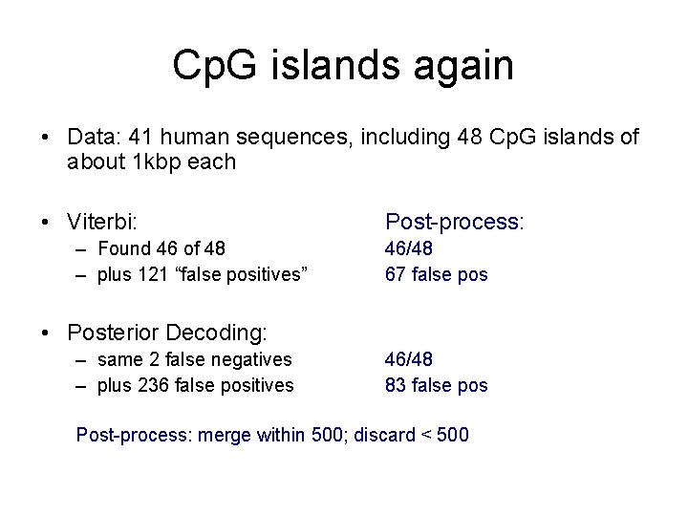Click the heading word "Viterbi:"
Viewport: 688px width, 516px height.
tap(102, 222)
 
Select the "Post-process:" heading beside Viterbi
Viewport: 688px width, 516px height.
tap(455, 222)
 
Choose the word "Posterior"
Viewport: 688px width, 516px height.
tap(112, 333)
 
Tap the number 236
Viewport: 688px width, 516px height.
tap(147, 385)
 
